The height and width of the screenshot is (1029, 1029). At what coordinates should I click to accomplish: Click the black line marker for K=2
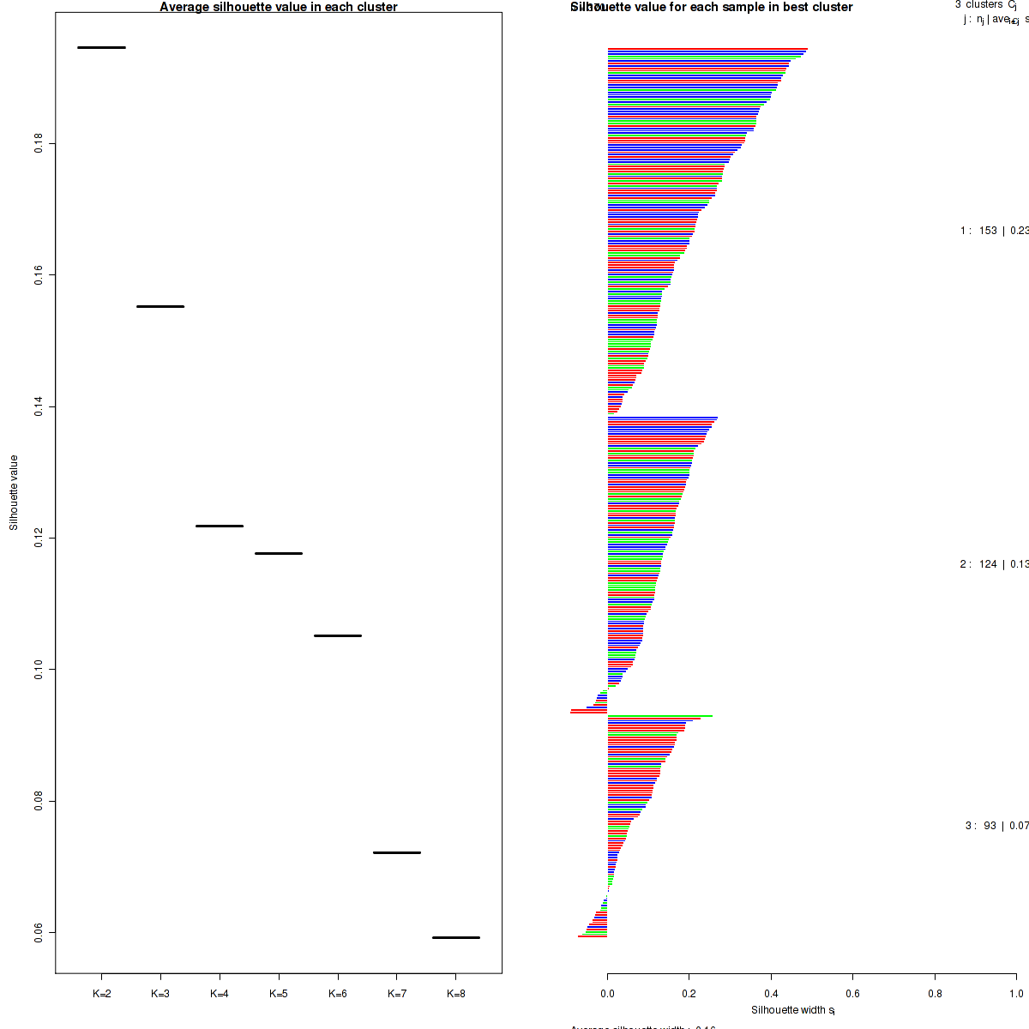tap(101, 47)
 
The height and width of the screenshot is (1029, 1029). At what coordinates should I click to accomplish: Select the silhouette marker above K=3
tap(160, 306)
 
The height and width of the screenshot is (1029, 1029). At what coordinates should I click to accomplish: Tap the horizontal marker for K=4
tap(220, 526)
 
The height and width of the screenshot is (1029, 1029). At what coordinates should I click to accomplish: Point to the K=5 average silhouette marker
tap(279, 553)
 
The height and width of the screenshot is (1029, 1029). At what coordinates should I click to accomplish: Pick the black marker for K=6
tap(338, 635)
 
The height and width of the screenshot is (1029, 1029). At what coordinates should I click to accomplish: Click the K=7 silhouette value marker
tap(397, 852)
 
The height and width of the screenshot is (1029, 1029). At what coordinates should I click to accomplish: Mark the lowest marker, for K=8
tap(456, 937)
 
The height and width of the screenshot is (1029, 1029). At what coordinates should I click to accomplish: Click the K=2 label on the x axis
tap(101, 994)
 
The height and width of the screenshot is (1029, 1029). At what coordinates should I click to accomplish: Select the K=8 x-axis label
tap(456, 994)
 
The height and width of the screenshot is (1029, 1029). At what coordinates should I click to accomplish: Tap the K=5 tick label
tap(279, 994)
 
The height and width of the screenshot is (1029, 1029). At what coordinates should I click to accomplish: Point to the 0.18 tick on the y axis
tap(39, 143)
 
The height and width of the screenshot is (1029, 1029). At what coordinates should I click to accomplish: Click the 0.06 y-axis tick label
tap(39, 932)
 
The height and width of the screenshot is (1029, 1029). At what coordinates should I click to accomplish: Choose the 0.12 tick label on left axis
tap(39, 538)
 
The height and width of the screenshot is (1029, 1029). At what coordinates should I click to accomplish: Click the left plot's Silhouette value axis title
tap(14, 493)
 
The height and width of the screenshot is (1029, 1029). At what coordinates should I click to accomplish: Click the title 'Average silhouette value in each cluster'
tap(279, 7)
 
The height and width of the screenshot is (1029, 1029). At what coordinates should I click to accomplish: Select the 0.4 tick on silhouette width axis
tap(771, 994)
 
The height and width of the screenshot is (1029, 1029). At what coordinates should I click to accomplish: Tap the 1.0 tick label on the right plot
tap(1016, 994)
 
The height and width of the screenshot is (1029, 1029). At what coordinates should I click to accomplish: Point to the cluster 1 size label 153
tap(988, 230)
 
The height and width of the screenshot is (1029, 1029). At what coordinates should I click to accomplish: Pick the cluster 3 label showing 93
tap(990, 826)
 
